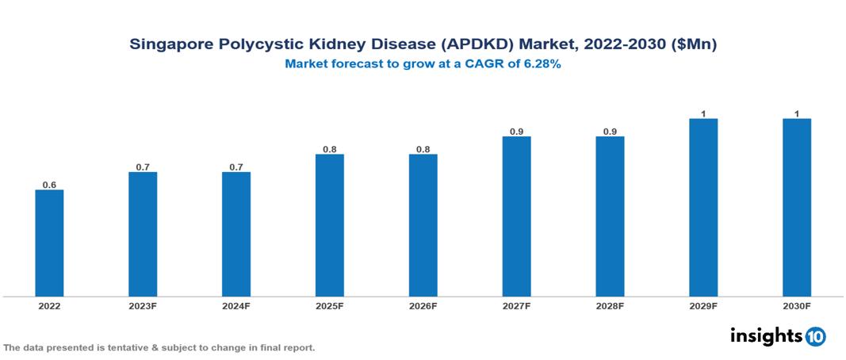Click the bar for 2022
click(49, 243)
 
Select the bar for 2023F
click(143, 234)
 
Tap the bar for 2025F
click(330, 225)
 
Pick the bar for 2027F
click(516, 216)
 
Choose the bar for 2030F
click(797, 208)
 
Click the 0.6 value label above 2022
click(49, 185)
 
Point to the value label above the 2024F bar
click(236, 167)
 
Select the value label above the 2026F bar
click(423, 149)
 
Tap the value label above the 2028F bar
click(610, 132)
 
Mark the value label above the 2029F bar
click(703, 114)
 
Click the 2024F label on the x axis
click(236, 306)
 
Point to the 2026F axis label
click(423, 306)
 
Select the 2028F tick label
click(610, 306)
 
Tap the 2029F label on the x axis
click(703, 306)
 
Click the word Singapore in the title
click(168, 45)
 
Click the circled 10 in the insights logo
click(815, 337)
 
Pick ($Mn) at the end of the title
click(694, 45)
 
